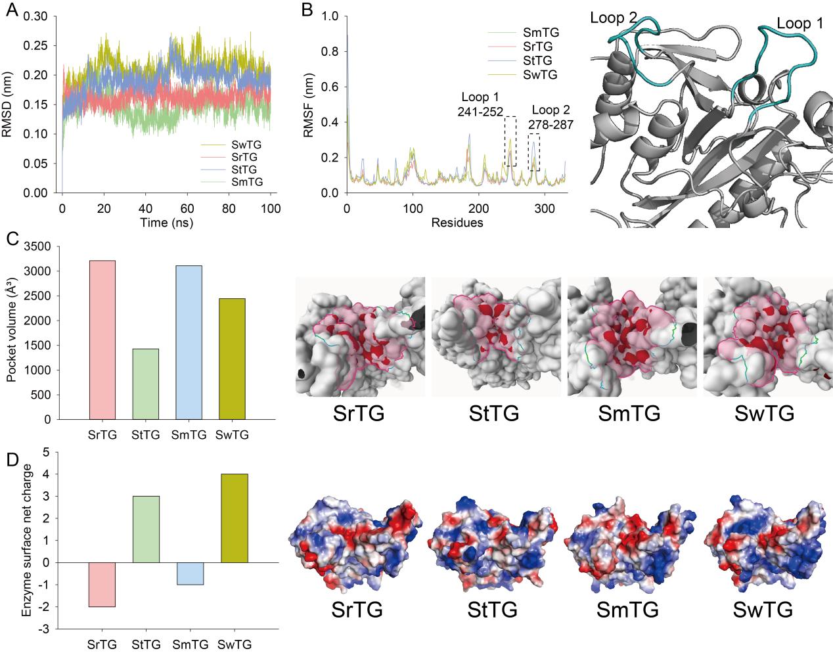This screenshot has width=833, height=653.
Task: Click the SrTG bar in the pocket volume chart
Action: pos(102,340)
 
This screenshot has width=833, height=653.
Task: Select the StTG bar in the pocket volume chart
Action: pos(145,384)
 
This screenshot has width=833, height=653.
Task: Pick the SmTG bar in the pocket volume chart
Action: pos(189,342)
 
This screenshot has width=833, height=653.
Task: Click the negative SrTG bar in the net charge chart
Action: pos(102,585)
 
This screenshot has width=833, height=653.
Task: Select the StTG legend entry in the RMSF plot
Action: pos(537,60)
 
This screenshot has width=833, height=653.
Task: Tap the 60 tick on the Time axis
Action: pos(187,209)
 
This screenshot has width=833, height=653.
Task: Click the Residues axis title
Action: pos(457,223)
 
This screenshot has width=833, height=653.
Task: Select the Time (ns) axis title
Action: pos(166,223)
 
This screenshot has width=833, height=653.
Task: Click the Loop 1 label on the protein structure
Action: pos(799,24)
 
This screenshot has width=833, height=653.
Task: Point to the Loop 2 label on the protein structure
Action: pos(613,17)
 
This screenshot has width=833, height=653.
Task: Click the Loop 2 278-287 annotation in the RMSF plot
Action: pos(551,116)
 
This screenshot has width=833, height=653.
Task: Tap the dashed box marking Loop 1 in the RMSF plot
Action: pos(510,141)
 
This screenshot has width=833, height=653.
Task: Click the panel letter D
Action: pos(11,459)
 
